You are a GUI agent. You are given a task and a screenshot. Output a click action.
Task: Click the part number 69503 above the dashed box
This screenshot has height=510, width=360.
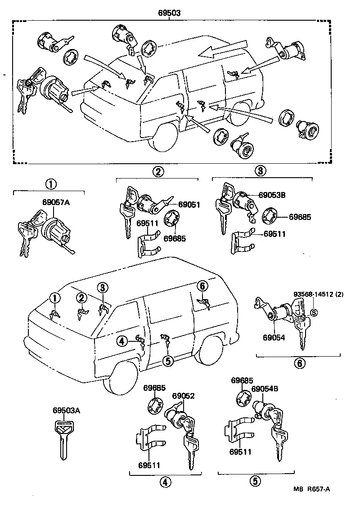169,13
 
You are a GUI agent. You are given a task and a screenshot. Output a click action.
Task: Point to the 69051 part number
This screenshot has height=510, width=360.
189,205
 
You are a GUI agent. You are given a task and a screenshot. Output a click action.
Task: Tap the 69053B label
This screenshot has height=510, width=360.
272,195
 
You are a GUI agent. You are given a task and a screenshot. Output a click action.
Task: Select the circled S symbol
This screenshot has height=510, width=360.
314,313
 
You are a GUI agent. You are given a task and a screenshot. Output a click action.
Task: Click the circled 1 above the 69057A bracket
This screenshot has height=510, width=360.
51,184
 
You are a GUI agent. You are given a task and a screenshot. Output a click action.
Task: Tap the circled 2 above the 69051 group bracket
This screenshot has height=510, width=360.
157,171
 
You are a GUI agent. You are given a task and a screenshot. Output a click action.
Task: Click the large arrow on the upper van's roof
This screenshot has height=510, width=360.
223,51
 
